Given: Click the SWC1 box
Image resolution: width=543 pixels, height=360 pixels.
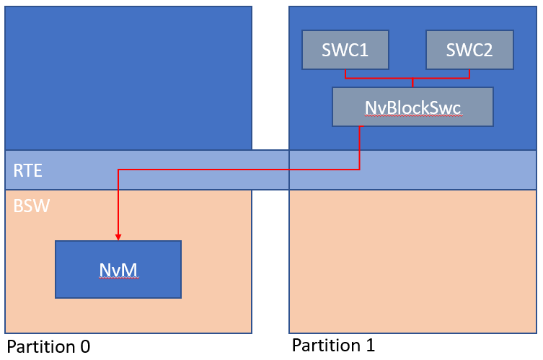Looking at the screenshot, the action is [x=345, y=50].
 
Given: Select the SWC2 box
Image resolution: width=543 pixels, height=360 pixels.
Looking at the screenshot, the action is [x=469, y=50].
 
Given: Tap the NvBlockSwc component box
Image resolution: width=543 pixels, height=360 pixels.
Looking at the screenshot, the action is [x=412, y=107].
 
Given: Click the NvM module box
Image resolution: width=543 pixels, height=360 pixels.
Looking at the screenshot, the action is [x=118, y=270].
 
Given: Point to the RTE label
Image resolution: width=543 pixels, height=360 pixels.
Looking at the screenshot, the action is [x=27, y=170].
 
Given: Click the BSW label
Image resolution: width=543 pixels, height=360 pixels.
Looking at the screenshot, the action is [x=32, y=206].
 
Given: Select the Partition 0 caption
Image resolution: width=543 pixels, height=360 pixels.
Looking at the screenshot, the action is [x=48, y=346].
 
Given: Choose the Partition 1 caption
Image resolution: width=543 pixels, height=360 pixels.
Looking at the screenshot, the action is [x=333, y=345].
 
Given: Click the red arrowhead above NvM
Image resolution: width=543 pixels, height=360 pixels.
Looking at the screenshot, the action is [x=118, y=237].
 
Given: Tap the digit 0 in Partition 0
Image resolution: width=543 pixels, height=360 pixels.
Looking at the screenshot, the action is [x=85, y=346].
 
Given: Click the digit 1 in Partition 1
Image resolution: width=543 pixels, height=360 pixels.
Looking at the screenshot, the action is [x=371, y=345].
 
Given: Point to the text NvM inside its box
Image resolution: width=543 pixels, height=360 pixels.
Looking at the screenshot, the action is [x=118, y=271].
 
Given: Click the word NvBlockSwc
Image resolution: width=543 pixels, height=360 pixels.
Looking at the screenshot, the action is [x=412, y=107].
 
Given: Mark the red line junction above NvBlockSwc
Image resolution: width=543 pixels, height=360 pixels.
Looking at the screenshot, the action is [x=412, y=79].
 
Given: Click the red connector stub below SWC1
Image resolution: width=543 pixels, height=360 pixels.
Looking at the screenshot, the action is [x=345, y=74].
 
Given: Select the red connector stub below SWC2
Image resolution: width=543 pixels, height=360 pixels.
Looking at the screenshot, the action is [x=469, y=74].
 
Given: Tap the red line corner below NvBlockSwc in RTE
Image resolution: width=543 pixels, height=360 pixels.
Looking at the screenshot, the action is [x=359, y=170].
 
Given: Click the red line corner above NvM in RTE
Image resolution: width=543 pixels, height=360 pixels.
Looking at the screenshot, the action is [x=118, y=170].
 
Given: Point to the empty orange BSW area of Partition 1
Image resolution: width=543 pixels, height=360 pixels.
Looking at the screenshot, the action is [x=412, y=262].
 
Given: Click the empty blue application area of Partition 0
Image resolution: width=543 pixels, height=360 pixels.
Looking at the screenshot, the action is [x=128, y=79].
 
